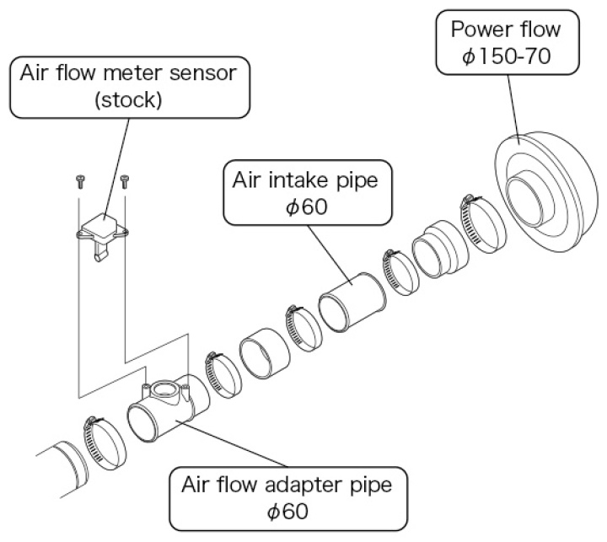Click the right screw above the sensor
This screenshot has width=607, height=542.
[x=125, y=180]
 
